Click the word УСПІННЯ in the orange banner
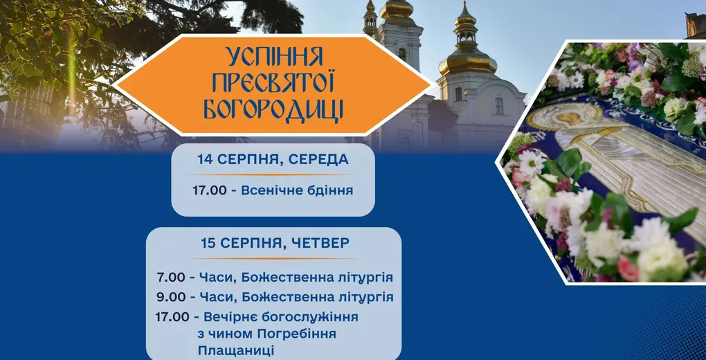tap(275, 57)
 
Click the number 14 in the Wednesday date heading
tap(204, 159)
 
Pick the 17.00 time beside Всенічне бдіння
tap(209, 190)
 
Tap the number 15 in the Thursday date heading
tap(208, 243)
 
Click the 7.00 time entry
tap(171, 277)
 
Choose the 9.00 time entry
tap(171, 297)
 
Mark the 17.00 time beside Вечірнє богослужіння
tap(172, 317)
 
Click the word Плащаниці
tap(235, 352)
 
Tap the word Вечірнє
tap(229, 317)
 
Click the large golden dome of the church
tap(468, 62)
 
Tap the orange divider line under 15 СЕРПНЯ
tap(273, 259)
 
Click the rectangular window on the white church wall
tap(499, 106)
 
